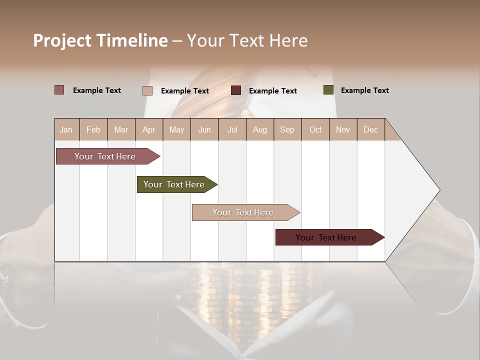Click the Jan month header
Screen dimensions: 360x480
66,129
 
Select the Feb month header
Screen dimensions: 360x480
93,129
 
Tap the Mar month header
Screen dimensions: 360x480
121,129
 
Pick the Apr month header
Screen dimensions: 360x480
148,129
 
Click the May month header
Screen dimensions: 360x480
176,129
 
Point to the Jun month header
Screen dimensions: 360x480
204,129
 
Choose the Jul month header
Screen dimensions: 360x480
232,129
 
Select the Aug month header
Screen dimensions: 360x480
260,129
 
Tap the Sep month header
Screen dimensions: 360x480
287,129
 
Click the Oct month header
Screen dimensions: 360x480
315,129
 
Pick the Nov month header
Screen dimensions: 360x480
343,129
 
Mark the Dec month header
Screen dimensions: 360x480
370,129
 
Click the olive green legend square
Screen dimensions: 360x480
328,90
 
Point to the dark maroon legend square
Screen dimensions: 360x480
236,90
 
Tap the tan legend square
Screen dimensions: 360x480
147,90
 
